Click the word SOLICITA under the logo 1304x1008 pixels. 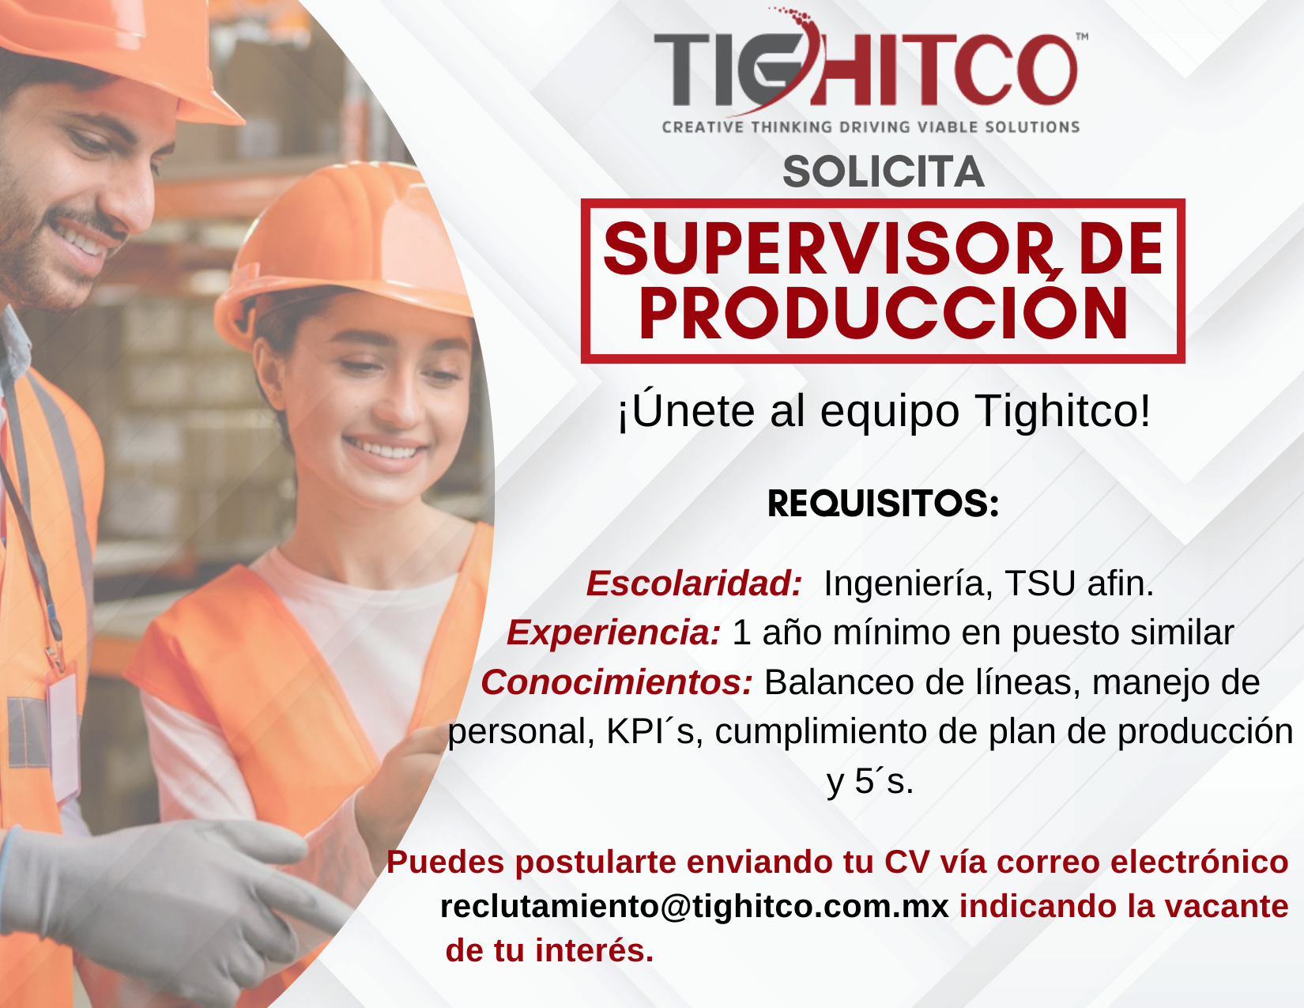click(x=884, y=172)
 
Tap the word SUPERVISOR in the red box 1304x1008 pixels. click(x=829, y=248)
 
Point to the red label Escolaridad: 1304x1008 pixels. click(x=695, y=583)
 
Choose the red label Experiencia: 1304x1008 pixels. click(x=613, y=632)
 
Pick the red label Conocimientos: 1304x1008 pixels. click(x=616, y=682)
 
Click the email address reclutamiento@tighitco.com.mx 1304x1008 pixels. click(x=695, y=907)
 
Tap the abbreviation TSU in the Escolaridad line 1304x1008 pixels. click(x=1040, y=583)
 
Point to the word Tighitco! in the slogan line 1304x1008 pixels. click(x=1062, y=412)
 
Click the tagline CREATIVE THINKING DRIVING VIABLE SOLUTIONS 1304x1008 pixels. click(x=871, y=127)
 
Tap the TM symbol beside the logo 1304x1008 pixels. click(x=1081, y=36)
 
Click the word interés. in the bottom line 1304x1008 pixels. click(x=594, y=951)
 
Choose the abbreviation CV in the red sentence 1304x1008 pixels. click(x=906, y=862)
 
